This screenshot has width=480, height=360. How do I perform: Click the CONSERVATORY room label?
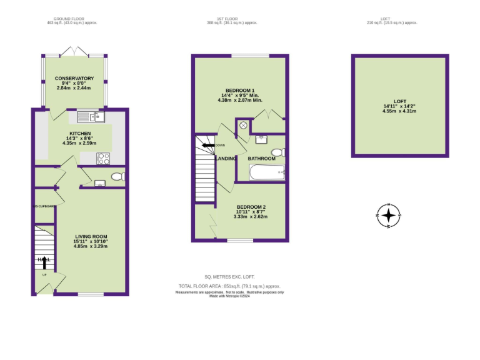(x=74, y=78)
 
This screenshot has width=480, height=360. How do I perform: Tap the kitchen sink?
(x=91, y=116)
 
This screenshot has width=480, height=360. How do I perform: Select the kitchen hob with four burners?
(x=103, y=158)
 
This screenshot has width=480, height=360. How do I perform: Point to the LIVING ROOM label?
(x=91, y=236)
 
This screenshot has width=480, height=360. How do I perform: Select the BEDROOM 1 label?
(x=239, y=90)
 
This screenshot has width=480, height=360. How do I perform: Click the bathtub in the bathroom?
(x=267, y=172)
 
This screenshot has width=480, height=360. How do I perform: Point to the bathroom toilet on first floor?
(x=279, y=152)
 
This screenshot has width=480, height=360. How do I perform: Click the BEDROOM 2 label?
(x=251, y=207)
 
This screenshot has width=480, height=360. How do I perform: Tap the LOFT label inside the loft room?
(x=399, y=101)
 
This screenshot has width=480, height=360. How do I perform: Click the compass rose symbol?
(x=389, y=216)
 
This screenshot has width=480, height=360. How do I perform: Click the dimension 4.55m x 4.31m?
(x=399, y=111)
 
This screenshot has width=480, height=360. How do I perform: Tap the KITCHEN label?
(x=80, y=133)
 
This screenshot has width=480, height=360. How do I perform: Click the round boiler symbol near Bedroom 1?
(x=243, y=125)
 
